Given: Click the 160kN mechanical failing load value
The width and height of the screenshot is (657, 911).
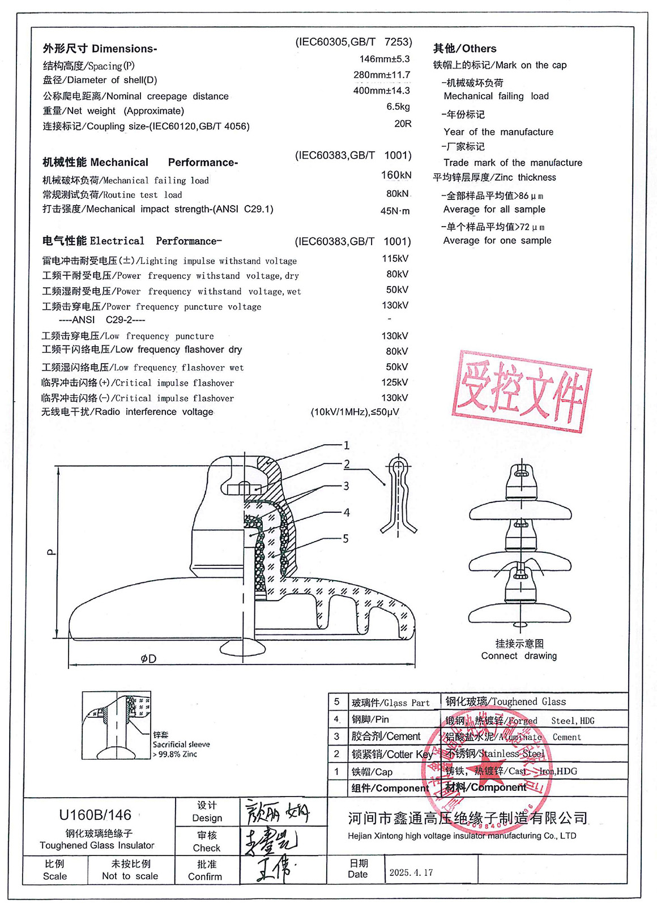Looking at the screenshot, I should [396, 175].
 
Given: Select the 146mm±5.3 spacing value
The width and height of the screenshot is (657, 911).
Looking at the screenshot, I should [384, 59].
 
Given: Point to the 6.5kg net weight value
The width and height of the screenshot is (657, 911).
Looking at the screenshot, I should [398, 107].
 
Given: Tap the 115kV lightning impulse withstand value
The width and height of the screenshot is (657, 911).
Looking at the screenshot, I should [395, 258].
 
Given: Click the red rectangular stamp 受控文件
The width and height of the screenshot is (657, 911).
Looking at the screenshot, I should [522, 391].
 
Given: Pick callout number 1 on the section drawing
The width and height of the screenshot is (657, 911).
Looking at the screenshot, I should [347, 445].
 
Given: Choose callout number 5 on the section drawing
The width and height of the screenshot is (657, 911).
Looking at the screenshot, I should [345, 538].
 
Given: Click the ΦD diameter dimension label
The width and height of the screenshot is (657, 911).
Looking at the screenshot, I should [148, 659].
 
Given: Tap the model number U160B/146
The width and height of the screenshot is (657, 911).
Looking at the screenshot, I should [95, 815].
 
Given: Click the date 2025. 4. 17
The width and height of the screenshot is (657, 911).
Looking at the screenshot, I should [411, 872].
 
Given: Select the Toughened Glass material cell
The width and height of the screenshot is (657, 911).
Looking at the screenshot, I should [505, 701].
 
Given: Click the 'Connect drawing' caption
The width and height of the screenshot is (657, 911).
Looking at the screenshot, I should [519, 655].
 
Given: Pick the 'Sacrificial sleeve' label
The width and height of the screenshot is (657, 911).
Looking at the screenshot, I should [181, 744].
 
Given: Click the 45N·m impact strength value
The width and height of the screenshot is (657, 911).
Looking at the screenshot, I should [395, 211].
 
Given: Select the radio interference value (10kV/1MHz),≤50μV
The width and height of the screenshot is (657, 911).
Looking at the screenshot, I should [355, 412].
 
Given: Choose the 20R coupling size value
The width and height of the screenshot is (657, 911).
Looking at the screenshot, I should [403, 124].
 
